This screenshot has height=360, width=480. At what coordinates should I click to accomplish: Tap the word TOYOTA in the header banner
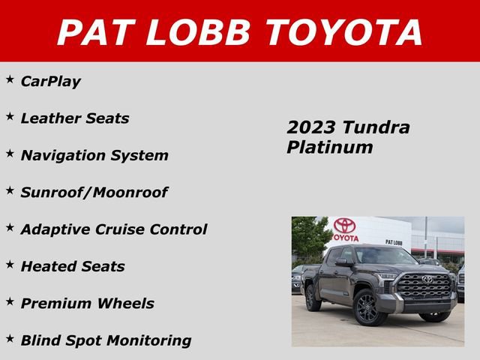(344, 31)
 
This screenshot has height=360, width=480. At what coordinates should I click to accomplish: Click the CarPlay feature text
(50, 81)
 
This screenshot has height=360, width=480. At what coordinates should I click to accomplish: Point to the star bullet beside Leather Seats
(10, 116)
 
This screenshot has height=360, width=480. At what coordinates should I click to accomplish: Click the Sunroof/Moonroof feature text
(94, 192)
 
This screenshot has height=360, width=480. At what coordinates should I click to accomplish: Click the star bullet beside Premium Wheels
(10, 301)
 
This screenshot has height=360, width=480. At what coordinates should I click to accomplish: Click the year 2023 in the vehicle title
(310, 127)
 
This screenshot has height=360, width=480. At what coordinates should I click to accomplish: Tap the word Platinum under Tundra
(329, 147)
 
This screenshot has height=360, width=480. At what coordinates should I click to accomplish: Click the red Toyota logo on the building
(345, 225)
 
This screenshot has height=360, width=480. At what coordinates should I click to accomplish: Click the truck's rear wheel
(313, 298)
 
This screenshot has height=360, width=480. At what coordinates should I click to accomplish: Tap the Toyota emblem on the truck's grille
(426, 279)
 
